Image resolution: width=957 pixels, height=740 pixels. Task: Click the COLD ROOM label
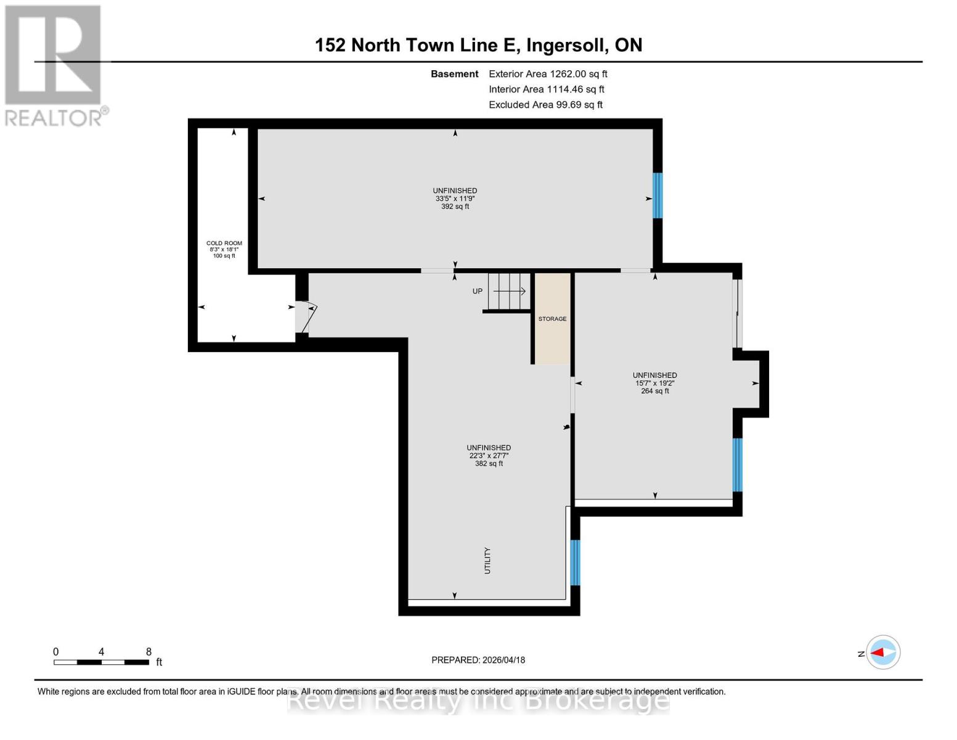[x=224, y=243]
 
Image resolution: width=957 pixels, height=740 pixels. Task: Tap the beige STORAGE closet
[x=552, y=319]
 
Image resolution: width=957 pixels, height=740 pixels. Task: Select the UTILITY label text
[x=487, y=561]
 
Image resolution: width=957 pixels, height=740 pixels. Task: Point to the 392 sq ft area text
[x=455, y=207]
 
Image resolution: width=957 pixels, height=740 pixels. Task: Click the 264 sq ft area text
[x=654, y=391]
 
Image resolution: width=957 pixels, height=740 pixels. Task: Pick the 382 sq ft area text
[x=489, y=464]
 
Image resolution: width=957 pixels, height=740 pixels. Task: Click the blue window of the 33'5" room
[x=658, y=195]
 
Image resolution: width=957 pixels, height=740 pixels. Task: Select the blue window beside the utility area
[x=575, y=562]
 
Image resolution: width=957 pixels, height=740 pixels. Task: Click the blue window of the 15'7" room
[x=737, y=464]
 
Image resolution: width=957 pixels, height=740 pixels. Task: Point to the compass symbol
[x=883, y=652]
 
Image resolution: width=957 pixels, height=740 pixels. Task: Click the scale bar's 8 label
[x=149, y=652]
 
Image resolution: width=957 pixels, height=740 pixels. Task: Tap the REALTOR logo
[x=54, y=65]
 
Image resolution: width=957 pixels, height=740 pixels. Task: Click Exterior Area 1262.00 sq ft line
[x=548, y=74]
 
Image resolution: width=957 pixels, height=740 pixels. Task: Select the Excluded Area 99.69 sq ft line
[x=545, y=105]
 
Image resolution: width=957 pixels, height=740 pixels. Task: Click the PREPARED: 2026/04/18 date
[x=478, y=660]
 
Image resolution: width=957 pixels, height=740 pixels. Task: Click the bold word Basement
[x=454, y=74]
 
